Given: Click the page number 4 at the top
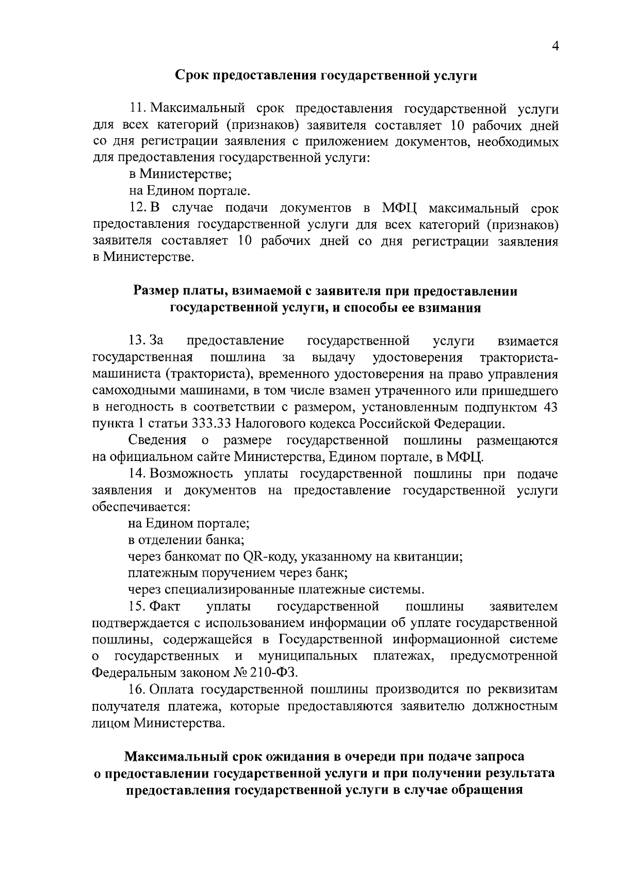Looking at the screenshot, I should pos(555,46).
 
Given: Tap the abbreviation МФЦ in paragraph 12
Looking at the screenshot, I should pos(400,208).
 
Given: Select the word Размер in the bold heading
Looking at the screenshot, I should pos(154,291).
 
